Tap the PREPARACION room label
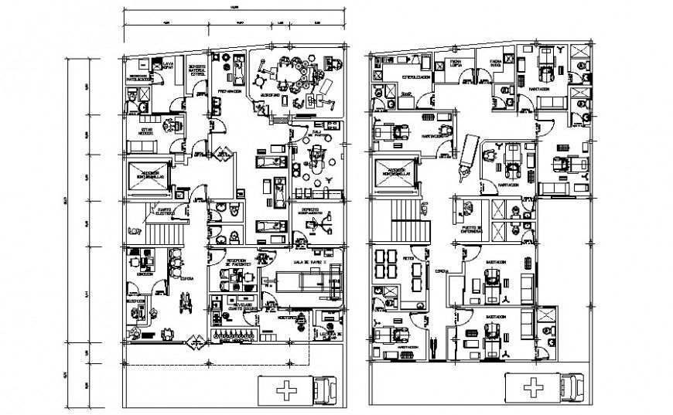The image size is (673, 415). (x=229, y=91)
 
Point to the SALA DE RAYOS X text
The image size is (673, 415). (x=305, y=264)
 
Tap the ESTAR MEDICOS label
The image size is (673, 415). (x=145, y=131)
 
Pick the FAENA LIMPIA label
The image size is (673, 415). (x=455, y=62)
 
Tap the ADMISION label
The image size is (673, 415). (x=144, y=274)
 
